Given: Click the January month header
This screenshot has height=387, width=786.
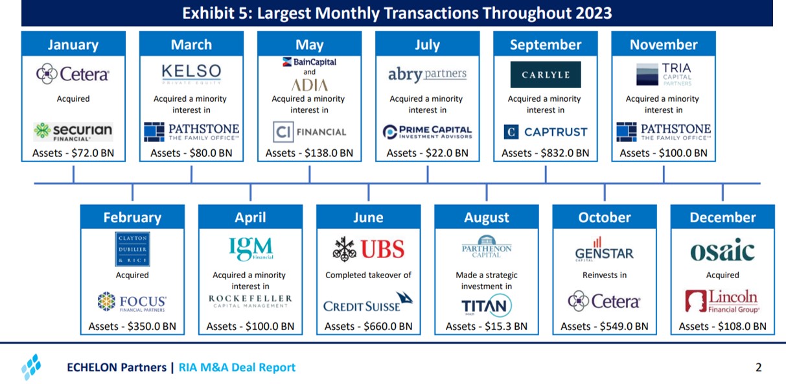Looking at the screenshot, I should [73, 45].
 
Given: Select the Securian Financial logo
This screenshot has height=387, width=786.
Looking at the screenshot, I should [73, 132].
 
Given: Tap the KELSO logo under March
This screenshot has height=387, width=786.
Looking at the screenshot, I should [191, 74].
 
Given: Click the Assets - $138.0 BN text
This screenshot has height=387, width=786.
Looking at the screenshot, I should [309, 154].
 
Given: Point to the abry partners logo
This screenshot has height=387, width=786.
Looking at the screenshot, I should [427, 74].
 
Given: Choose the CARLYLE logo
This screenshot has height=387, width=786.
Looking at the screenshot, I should [545, 75].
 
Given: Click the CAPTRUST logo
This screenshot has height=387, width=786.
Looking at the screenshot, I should [545, 132].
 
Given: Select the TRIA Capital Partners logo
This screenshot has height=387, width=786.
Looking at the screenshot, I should [664, 74].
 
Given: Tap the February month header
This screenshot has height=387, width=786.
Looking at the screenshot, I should [132, 218].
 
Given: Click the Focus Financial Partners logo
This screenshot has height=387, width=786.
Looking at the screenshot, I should [132, 303].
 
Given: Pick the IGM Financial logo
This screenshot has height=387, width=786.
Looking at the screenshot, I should [251, 249].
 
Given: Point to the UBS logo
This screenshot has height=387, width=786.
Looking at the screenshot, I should [368, 249].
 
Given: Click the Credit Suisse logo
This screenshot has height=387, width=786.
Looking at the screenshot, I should [367, 303].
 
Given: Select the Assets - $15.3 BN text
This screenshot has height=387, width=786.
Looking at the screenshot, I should [486, 326].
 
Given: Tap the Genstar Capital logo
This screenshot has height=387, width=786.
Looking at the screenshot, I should [604, 249].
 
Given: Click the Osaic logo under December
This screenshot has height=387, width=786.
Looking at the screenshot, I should [722, 250].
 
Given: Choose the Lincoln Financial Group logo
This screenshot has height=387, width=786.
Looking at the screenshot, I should [722, 301].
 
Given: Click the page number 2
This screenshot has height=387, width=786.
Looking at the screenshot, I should [758, 368].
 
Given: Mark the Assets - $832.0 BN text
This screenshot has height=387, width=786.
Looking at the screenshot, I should [545, 154].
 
